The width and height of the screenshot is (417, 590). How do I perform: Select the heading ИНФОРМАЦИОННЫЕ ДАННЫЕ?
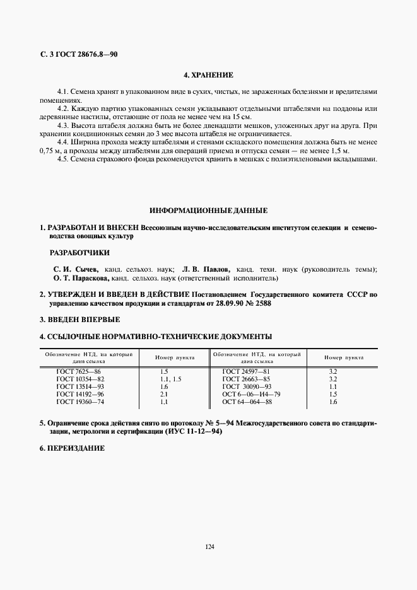tap(208, 210)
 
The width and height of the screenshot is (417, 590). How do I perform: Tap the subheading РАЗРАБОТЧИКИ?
tap(79, 253)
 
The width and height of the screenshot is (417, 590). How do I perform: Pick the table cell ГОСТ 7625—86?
tap(78, 373)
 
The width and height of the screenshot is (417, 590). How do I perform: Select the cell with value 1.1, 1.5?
tap(170, 379)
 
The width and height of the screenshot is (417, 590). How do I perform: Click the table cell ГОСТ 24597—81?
tap(247, 373)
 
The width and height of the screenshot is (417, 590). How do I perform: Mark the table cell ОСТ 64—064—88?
tap(247, 402)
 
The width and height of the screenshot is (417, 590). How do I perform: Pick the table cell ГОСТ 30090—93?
tap(247, 386)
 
